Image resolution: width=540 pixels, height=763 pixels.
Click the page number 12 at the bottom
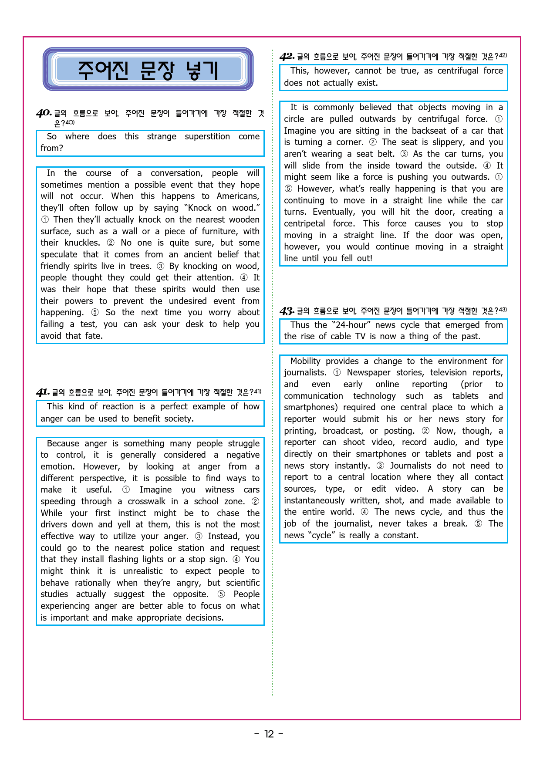(x=269, y=734)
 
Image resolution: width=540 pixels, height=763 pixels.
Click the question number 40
(x=44, y=113)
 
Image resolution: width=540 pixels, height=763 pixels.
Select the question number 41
(x=42, y=392)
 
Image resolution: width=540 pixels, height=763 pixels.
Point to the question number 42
(x=287, y=57)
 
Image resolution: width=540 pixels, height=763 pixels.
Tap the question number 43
(x=287, y=311)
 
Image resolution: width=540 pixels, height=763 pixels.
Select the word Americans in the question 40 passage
(x=238, y=196)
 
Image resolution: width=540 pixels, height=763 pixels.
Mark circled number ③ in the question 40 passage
(x=161, y=266)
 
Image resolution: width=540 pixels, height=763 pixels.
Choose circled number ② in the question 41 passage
(x=256, y=501)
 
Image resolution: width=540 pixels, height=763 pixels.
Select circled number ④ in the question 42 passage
(x=487, y=165)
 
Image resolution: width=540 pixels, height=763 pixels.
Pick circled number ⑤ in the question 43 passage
(x=478, y=523)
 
